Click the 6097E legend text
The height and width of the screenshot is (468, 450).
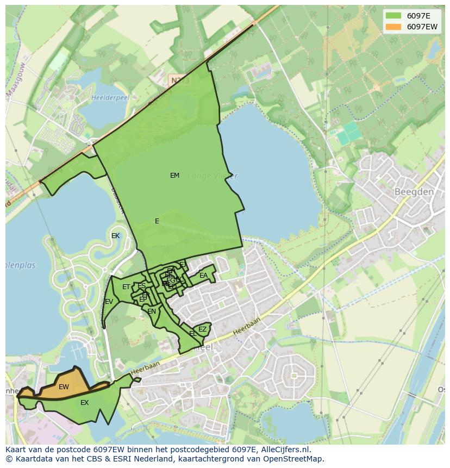418,16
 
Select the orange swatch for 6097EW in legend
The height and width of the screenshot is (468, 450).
393,27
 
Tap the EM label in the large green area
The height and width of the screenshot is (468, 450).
174,176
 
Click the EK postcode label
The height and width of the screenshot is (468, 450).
115,236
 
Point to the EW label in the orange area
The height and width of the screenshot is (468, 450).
64,387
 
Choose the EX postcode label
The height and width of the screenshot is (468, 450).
84,403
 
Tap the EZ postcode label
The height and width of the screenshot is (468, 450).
202,329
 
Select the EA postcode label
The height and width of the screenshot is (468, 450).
203,276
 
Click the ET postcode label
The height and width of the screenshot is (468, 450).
126,287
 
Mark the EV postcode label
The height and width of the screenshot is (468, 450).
109,302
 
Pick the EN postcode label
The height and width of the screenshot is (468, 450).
152,311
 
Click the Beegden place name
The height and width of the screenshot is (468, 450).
414,192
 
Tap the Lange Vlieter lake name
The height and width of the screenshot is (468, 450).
212,176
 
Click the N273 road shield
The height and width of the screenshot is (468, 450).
179,80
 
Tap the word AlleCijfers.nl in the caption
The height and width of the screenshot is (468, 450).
283,450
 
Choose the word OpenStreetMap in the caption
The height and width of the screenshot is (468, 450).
293,459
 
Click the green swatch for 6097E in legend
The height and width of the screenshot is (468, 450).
393,16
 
